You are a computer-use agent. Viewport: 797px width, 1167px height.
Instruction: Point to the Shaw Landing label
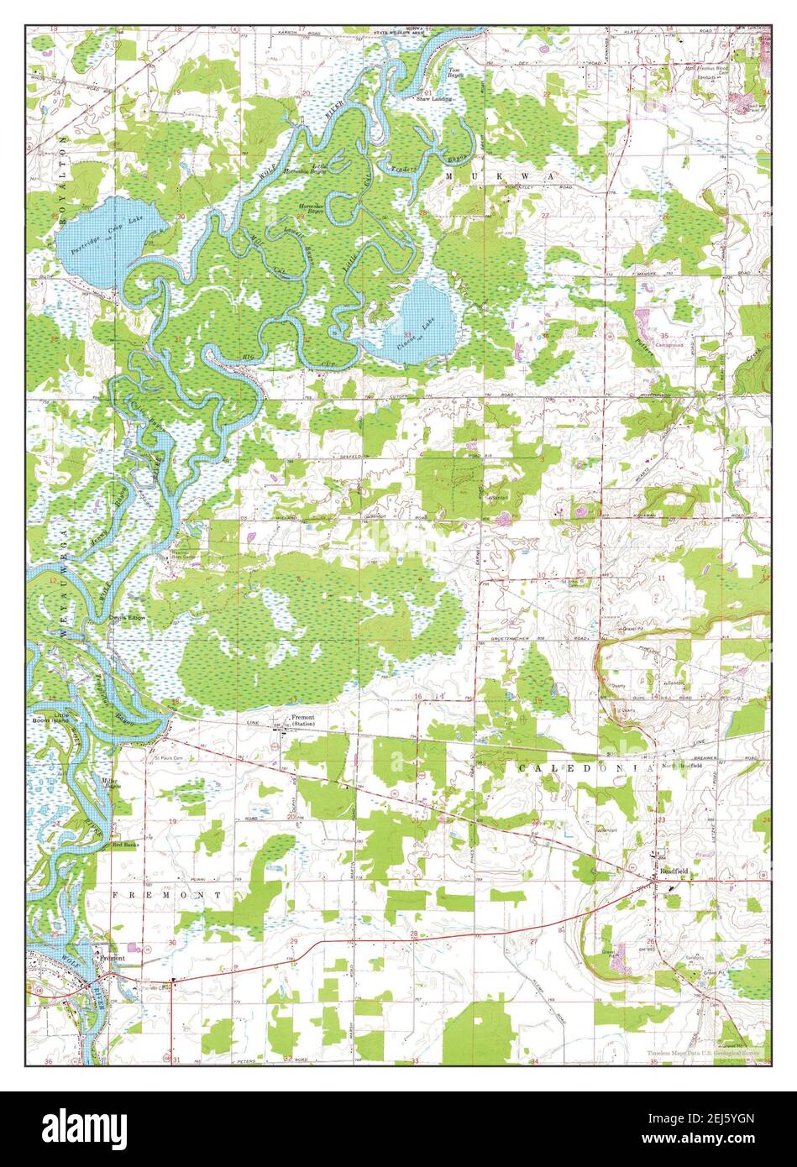pyautogui.click(x=434, y=99)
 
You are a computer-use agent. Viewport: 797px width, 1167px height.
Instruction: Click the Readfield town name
pyautogui.click(x=673, y=872)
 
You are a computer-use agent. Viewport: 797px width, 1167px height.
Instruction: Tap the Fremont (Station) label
pyautogui.click(x=302, y=720)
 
